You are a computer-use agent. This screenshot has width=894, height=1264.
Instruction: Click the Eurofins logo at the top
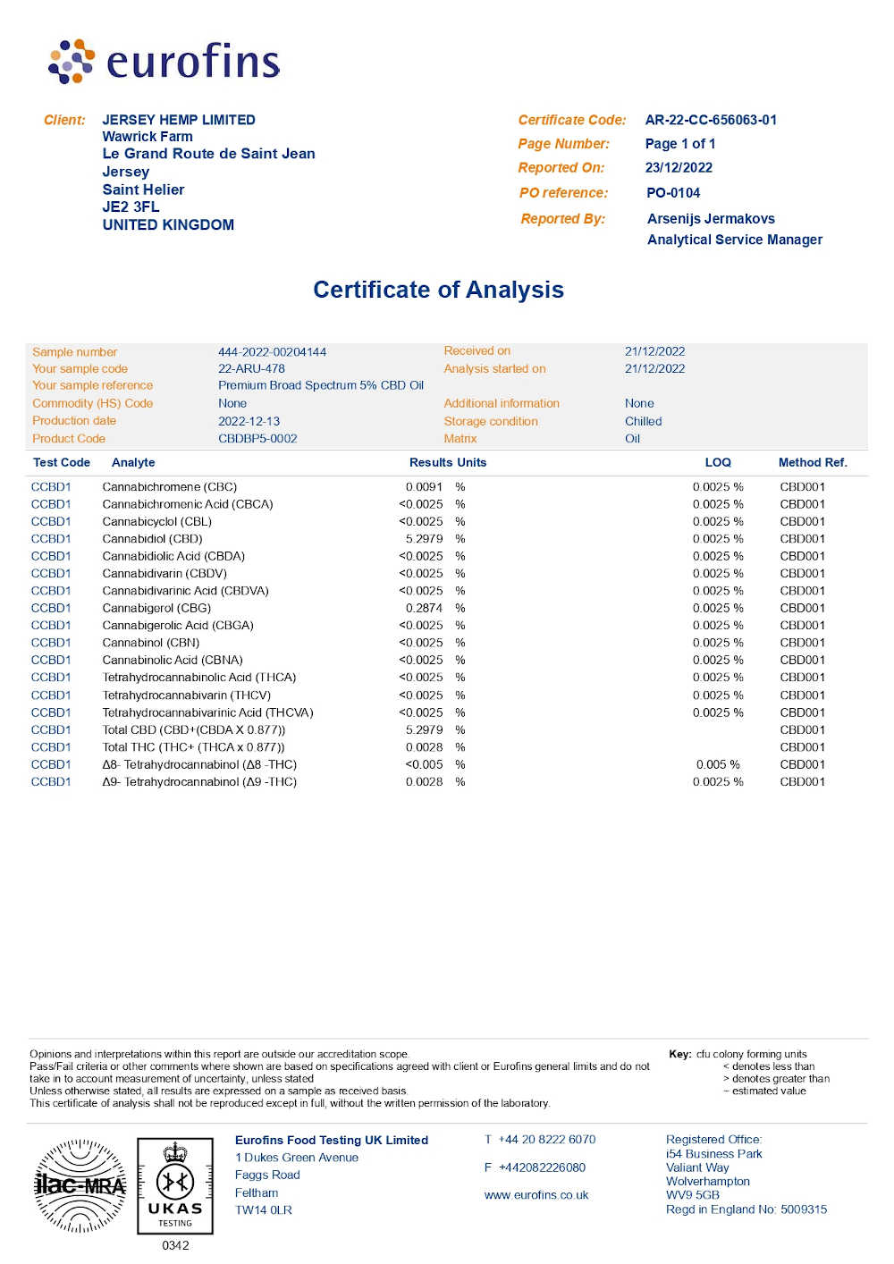(164, 62)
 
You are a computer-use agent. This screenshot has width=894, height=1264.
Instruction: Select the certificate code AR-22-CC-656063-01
(711, 120)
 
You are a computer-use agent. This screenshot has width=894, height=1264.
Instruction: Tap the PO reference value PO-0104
(673, 193)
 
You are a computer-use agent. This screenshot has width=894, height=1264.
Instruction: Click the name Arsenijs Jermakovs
(711, 219)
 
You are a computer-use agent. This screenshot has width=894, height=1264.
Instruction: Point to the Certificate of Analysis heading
(438, 290)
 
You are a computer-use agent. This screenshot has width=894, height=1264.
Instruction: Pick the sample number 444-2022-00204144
(272, 352)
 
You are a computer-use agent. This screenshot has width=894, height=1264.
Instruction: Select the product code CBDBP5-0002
(257, 439)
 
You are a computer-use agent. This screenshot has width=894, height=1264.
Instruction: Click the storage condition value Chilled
(643, 421)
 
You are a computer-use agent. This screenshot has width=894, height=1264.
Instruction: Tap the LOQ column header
(718, 462)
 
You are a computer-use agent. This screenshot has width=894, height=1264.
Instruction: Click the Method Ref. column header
(812, 462)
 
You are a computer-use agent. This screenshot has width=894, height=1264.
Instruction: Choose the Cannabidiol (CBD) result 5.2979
(424, 539)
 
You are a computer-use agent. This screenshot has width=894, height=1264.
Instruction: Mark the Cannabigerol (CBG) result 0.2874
(424, 608)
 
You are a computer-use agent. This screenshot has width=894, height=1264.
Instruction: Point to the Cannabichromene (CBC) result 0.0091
(424, 487)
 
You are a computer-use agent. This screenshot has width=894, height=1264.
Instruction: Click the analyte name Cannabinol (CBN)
(150, 643)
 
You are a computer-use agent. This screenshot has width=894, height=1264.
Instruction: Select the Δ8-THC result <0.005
(424, 764)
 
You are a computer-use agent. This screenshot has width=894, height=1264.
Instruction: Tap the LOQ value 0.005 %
(718, 764)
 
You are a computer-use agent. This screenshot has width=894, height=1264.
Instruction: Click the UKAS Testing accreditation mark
(175, 1185)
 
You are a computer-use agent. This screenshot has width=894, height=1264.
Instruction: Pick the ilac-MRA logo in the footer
(80, 1186)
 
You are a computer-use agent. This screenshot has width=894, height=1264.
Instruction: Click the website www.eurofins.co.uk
(536, 1195)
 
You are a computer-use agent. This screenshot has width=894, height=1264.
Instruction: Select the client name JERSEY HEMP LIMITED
(179, 120)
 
